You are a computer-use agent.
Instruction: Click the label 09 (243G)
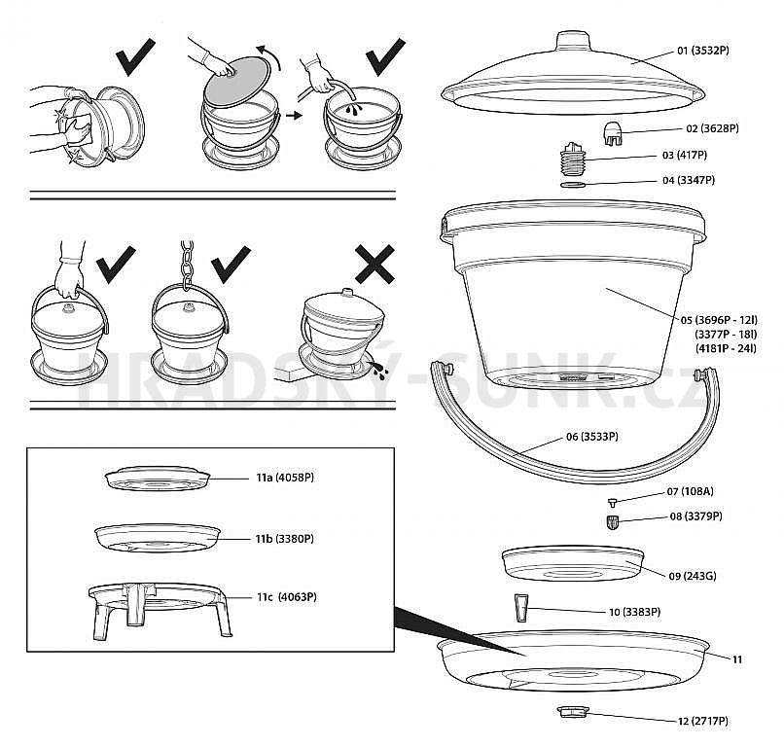(x=693, y=576)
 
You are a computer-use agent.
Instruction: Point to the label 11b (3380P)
(x=285, y=538)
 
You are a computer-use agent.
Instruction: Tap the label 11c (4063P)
(x=287, y=597)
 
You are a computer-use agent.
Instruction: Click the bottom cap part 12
(x=573, y=715)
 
